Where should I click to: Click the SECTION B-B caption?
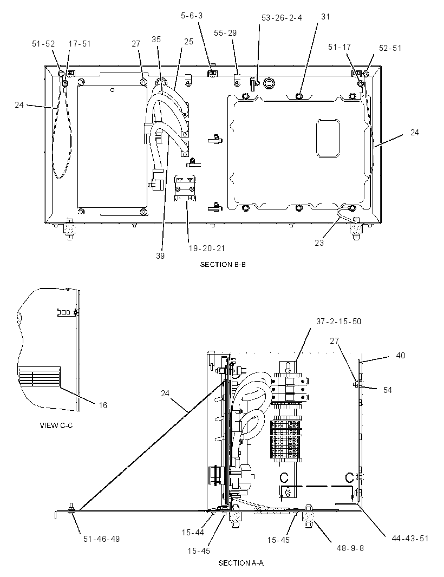click(x=223, y=264)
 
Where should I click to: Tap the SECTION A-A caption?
click(x=241, y=563)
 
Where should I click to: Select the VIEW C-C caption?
click(x=56, y=425)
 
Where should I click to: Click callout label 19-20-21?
click(x=206, y=248)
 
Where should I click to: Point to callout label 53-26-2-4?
click(x=282, y=18)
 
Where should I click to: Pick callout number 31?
click(x=325, y=17)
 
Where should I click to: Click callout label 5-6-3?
click(x=192, y=16)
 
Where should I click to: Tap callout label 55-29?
click(x=225, y=33)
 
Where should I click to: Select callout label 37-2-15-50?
click(x=339, y=322)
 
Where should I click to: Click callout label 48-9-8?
click(x=350, y=548)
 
